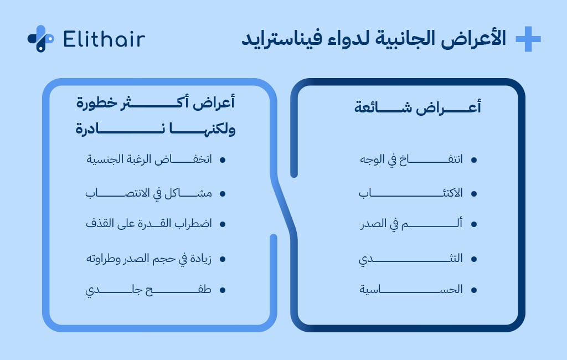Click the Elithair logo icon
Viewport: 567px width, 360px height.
[x=40, y=39]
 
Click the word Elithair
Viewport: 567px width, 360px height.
[x=104, y=39]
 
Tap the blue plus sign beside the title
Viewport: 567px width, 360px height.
[x=528, y=39]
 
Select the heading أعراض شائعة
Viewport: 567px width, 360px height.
[x=417, y=107]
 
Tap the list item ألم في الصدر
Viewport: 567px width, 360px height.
[x=411, y=224]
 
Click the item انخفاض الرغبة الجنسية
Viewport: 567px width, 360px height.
[x=150, y=160]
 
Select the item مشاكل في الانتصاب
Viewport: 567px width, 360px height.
[x=149, y=193]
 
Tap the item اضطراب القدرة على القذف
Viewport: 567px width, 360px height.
[x=149, y=224]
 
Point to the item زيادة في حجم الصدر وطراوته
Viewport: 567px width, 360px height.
[x=149, y=259]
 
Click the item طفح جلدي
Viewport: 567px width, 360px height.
[x=149, y=290]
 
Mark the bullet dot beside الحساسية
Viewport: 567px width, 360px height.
[x=474, y=290]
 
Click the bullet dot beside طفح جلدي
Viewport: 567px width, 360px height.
[x=223, y=290]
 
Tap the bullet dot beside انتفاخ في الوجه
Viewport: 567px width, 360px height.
[x=474, y=160]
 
